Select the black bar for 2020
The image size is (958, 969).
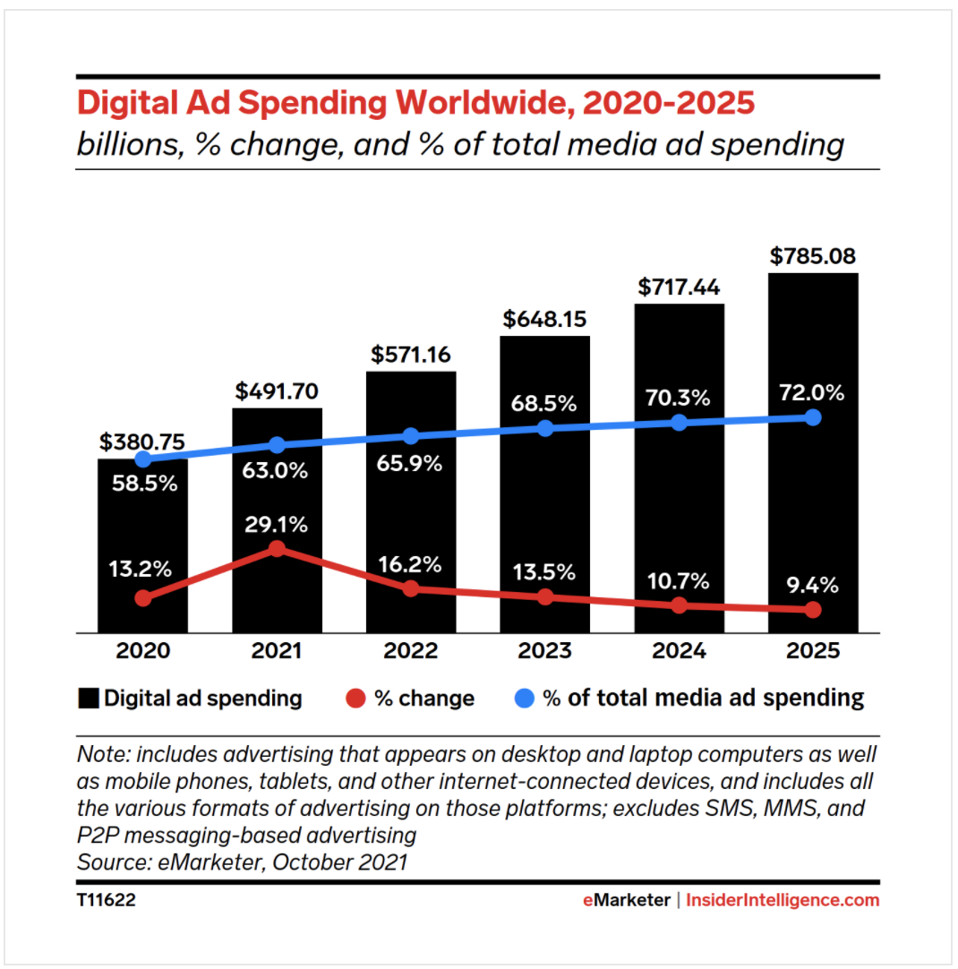coord(142,537)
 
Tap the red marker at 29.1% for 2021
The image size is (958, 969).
coord(277,548)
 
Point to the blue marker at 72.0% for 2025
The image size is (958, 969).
coord(813,417)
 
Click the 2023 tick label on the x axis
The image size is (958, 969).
coord(544,651)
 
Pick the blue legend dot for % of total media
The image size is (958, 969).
coord(526,699)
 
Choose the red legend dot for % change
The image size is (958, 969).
coord(357,699)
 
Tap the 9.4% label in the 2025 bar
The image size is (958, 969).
coord(813,586)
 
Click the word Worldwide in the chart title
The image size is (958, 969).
coord(481,104)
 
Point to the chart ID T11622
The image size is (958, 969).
coord(106,900)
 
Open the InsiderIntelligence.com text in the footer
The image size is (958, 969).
coord(783,900)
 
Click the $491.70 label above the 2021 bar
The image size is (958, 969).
coord(277,391)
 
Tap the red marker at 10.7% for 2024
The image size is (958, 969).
coord(679,605)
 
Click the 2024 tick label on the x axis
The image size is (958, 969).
coord(679,651)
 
